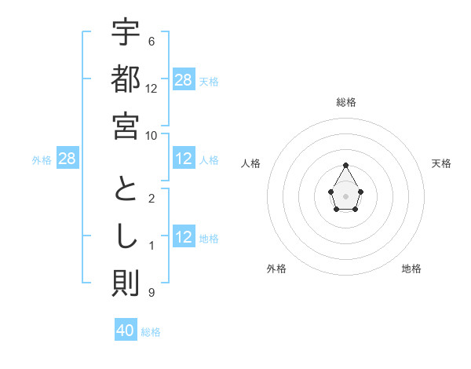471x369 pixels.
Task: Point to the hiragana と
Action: (x=126, y=191)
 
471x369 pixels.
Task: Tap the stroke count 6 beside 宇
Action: (x=152, y=41)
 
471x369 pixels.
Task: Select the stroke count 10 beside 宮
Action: (x=152, y=135)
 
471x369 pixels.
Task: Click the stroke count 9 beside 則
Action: (x=152, y=293)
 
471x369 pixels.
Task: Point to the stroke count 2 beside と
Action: (x=152, y=198)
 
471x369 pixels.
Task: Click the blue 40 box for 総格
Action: (x=126, y=331)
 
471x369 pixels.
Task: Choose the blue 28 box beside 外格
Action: (x=68, y=159)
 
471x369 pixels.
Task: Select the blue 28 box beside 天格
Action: (x=184, y=80)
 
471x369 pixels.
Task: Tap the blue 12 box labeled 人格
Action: (x=184, y=159)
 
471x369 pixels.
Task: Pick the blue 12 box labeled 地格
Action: (x=184, y=238)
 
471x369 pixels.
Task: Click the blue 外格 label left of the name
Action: (x=42, y=160)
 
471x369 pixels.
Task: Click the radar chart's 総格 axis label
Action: (x=346, y=102)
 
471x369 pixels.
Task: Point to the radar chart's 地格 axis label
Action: (x=411, y=269)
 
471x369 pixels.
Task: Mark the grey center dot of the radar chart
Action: (x=346, y=195)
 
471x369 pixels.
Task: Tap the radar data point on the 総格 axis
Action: (x=346, y=165)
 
